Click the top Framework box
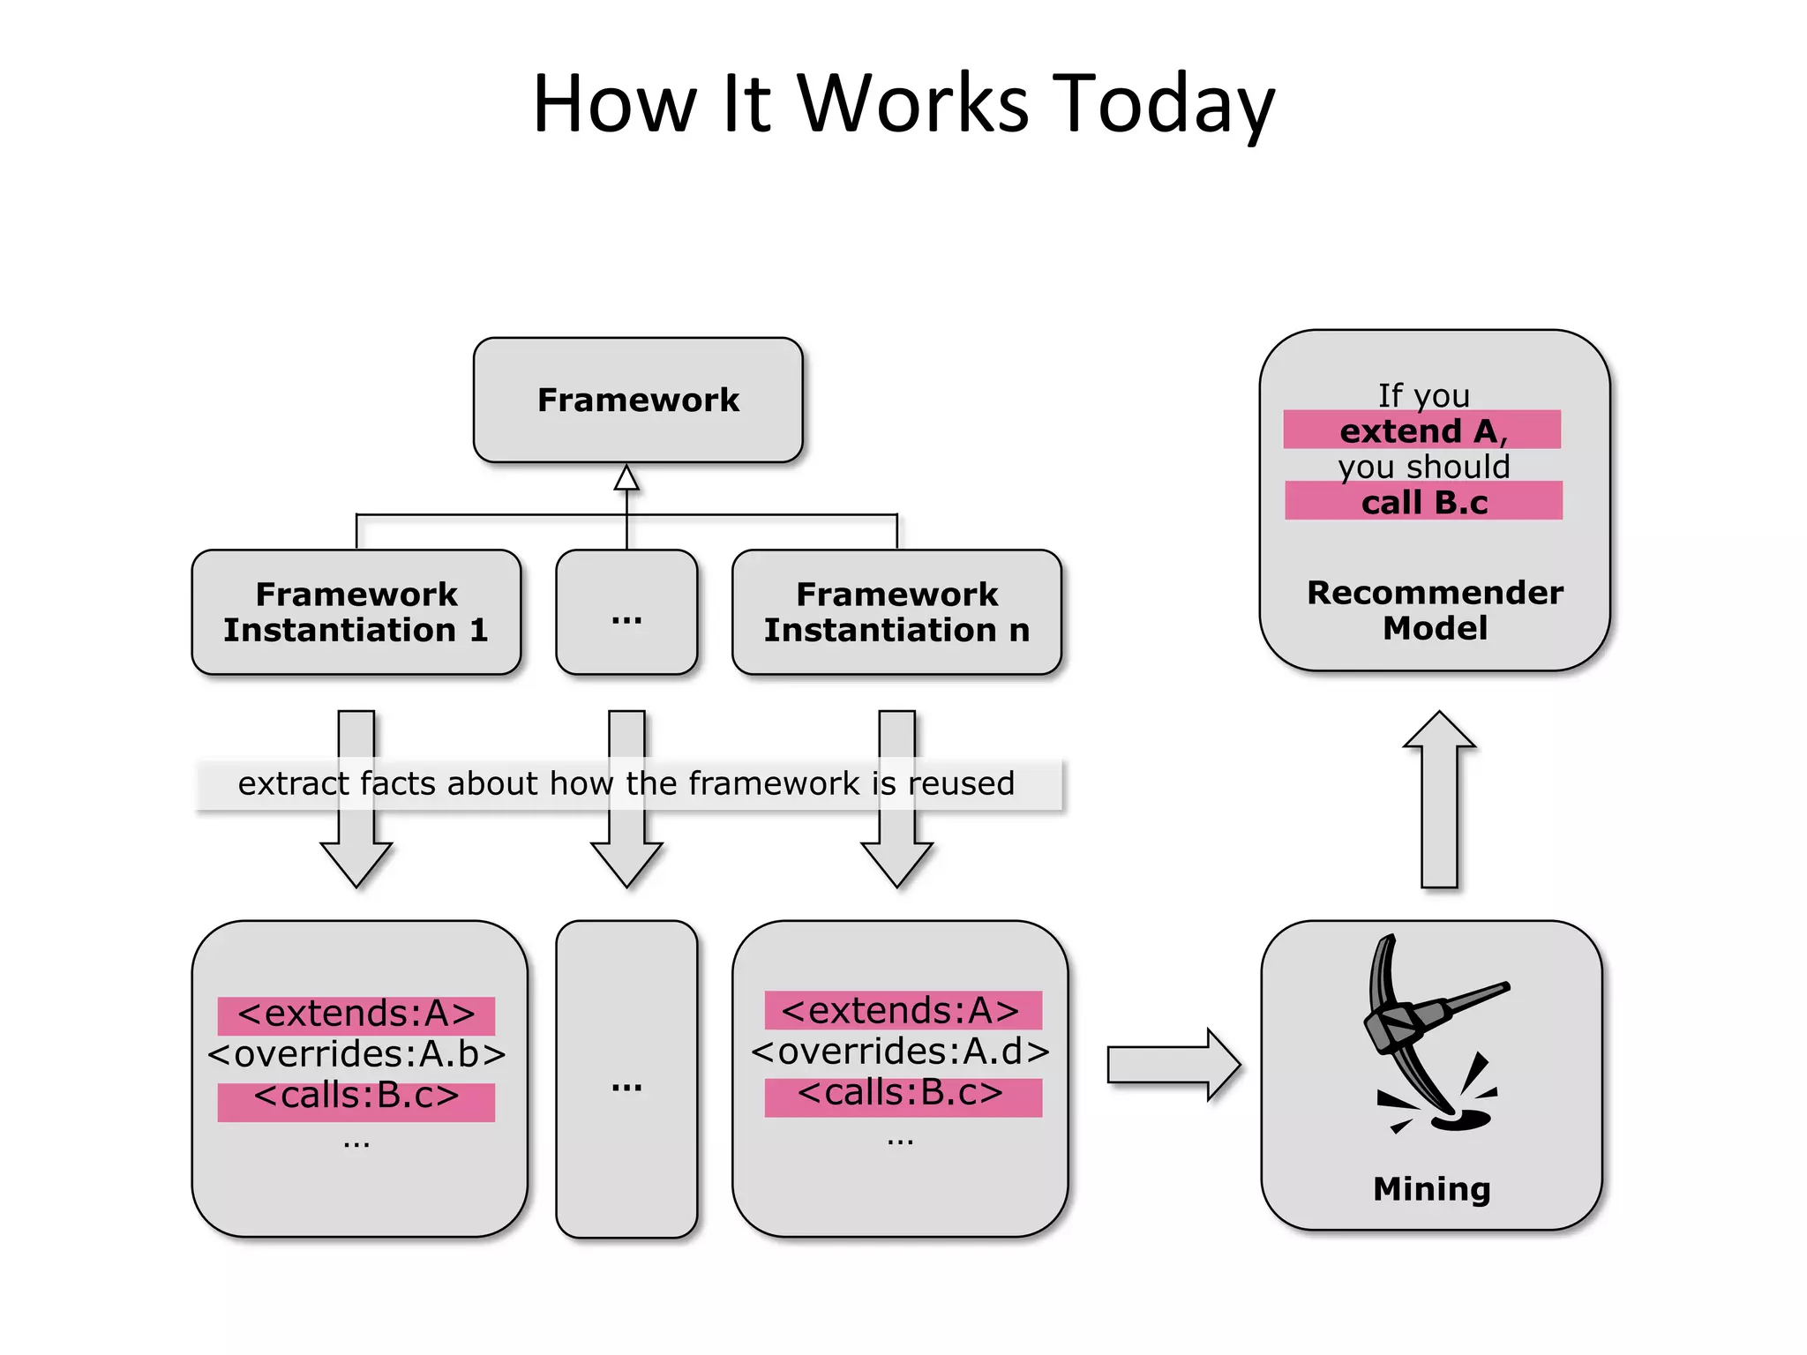(x=638, y=400)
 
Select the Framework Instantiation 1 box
(x=356, y=612)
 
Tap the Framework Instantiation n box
(x=896, y=612)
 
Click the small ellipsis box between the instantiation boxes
(x=626, y=612)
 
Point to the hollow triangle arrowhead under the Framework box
(x=626, y=478)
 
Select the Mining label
(x=1431, y=1189)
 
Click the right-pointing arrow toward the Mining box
(x=1173, y=1065)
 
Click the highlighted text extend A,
(x=1422, y=430)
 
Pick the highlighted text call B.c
(x=1423, y=502)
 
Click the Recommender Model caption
(x=1435, y=610)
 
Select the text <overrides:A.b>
(x=356, y=1054)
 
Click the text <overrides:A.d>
(x=900, y=1052)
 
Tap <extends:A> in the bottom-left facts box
(x=356, y=1014)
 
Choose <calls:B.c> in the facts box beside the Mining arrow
(x=900, y=1094)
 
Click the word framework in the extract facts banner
(x=773, y=783)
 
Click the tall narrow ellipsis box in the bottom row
(x=626, y=1078)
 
